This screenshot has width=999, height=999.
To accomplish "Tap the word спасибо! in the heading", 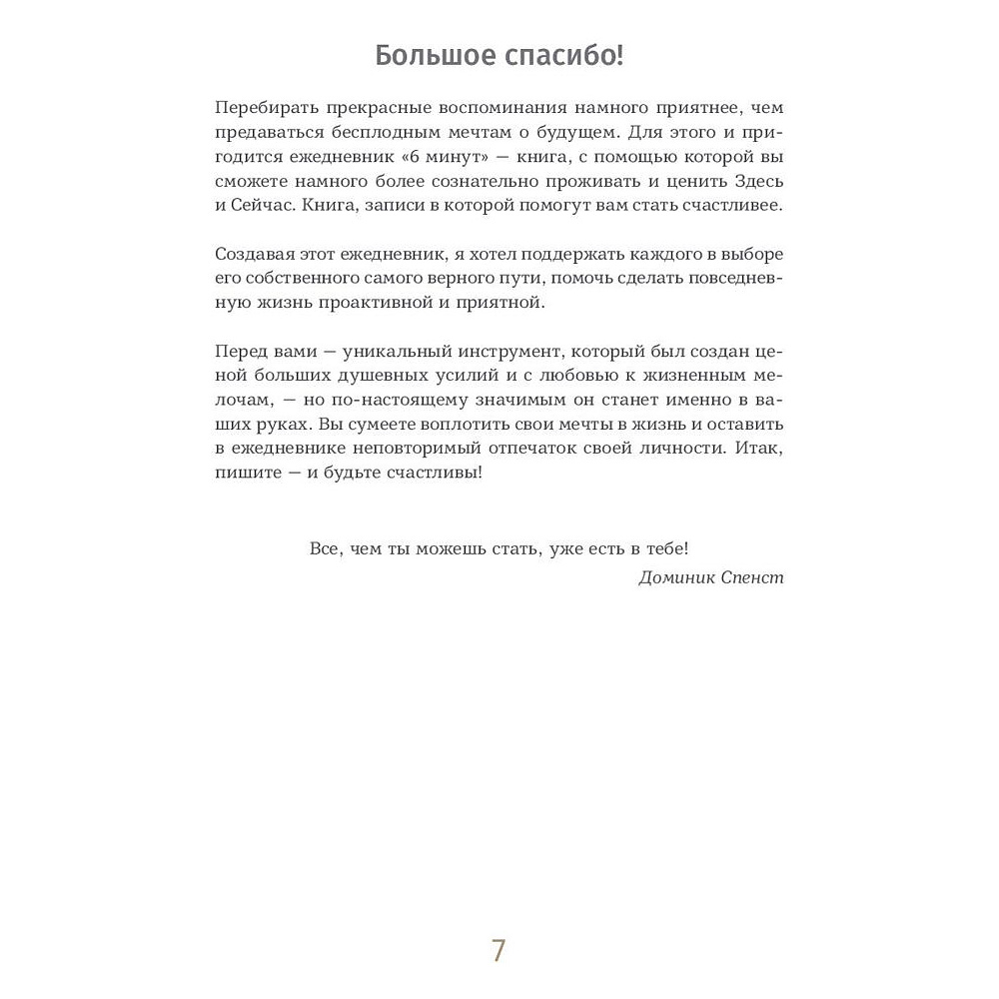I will click(562, 56).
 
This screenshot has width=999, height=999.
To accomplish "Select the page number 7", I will click(499, 950).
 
